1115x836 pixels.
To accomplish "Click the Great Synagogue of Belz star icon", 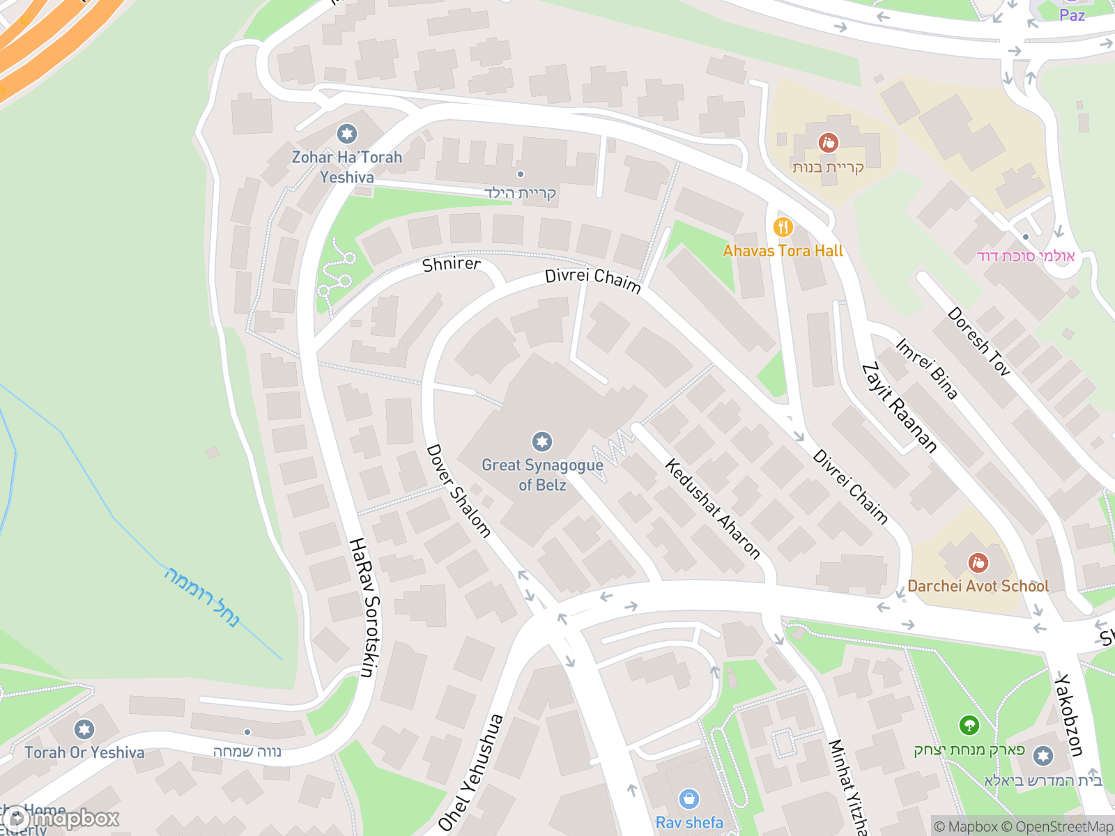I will coord(542,442).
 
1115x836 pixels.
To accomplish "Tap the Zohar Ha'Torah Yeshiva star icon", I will coord(346,134).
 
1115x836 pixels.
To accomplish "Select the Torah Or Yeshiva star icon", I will coord(84,729).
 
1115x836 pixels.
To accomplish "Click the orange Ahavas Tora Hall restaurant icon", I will coord(783,227).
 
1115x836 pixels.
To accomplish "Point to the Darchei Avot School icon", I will coord(978,563).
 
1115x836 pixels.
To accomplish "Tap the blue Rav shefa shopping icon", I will coord(689,799).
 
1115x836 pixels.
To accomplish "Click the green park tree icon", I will coord(969,726).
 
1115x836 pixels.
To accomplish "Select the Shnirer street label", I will coord(452,264).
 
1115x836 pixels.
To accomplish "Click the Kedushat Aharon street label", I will coord(712,509).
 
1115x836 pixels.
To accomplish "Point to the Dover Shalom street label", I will coord(459,491).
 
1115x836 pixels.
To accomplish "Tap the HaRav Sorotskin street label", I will coord(364,607).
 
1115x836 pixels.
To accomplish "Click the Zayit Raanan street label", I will coord(899,408).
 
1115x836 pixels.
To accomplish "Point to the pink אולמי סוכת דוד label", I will coord(1026,256).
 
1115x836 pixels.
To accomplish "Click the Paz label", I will coord(1072,15).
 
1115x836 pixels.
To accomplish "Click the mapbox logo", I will coord(61,819).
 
